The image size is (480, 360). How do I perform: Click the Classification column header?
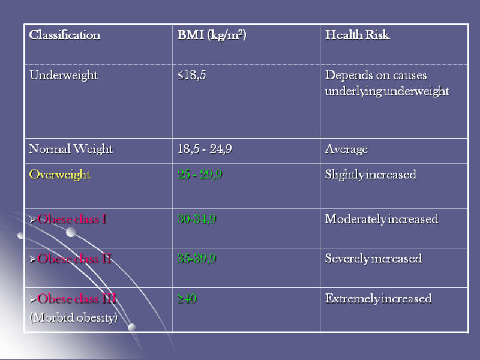coord(64,35)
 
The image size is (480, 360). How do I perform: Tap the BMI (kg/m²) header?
coord(212,35)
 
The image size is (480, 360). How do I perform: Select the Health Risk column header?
coord(357,35)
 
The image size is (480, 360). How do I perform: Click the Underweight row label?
coord(63,76)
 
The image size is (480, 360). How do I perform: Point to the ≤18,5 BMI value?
coord(191,76)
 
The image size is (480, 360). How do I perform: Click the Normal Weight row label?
coord(71,149)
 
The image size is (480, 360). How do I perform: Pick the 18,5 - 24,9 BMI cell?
coord(205,149)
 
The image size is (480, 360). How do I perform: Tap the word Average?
coord(346,149)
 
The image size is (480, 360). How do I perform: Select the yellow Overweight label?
coord(59,175)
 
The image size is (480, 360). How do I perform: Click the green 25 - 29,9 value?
coord(200,175)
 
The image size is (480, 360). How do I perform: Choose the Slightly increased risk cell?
coord(370,175)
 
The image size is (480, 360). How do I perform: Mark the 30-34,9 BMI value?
coord(197,219)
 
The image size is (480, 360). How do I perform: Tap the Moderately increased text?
coord(381,219)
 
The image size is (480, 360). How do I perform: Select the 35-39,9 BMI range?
coord(197,259)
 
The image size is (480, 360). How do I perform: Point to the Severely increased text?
coord(373,259)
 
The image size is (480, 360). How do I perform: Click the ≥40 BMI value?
coord(187,299)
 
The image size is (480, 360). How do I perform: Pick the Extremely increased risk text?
coord(378,299)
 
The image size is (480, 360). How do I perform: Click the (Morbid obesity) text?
coord(73,317)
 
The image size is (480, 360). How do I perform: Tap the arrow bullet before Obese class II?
coord(33,260)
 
